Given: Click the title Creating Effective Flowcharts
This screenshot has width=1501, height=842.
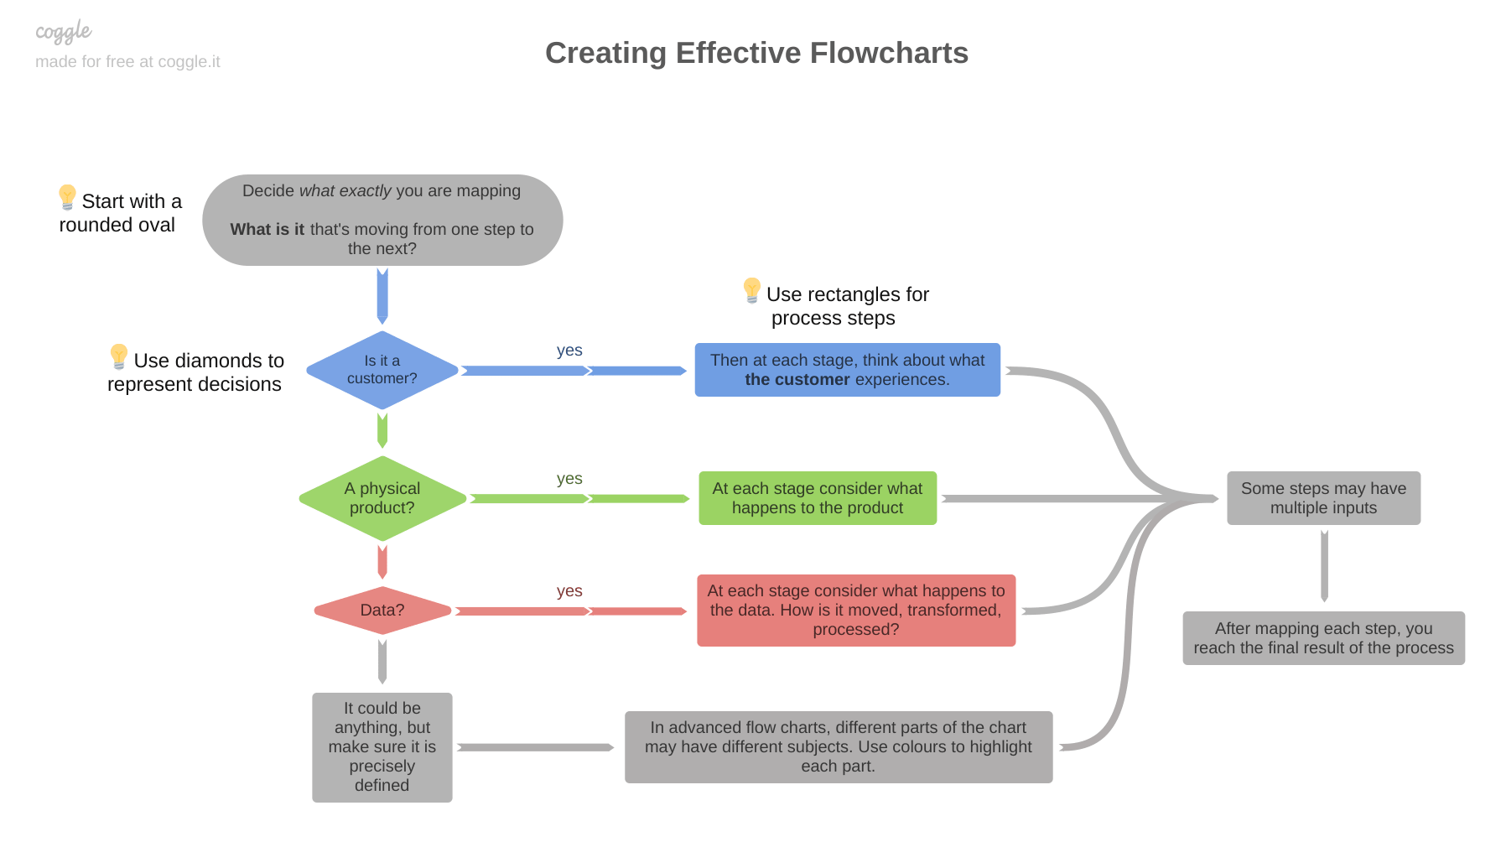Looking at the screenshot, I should (x=756, y=53).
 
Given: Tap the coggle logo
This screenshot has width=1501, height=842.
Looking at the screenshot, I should (x=63, y=32).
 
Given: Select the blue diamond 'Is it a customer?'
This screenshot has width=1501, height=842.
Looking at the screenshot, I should (x=382, y=370).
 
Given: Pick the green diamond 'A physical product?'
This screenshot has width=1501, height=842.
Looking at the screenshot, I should (x=382, y=498).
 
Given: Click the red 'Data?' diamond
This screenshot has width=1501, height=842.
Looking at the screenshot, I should (x=382, y=611).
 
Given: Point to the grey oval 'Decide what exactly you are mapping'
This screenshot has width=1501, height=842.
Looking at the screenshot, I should (x=382, y=220).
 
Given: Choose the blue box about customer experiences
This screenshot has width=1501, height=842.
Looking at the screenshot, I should (x=847, y=370).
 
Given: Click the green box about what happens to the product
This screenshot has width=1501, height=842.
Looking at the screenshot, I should (x=818, y=498).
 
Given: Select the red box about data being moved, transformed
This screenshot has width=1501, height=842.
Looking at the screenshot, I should (x=856, y=611).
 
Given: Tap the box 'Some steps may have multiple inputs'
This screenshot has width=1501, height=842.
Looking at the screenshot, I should (x=1323, y=498).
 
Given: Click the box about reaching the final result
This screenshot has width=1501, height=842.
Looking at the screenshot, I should (x=1323, y=638).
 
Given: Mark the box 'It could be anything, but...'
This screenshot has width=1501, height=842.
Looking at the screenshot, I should (x=382, y=747).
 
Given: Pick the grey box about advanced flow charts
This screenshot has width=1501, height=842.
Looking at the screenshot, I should (x=839, y=747).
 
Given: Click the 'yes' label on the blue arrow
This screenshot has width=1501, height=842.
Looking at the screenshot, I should (x=569, y=351).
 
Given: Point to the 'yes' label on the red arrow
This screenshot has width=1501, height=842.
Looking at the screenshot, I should (x=569, y=591).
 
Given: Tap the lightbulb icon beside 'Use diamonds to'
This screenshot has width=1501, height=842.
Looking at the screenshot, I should (x=119, y=356).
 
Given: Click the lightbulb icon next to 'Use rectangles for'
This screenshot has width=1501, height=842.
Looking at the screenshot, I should (x=752, y=290).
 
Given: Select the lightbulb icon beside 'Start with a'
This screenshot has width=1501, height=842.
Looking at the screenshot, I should (x=67, y=197).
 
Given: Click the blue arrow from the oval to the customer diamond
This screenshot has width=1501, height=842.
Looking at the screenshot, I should (x=382, y=296).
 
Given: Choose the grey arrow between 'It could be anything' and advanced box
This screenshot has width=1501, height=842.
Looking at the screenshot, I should (x=537, y=747).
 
